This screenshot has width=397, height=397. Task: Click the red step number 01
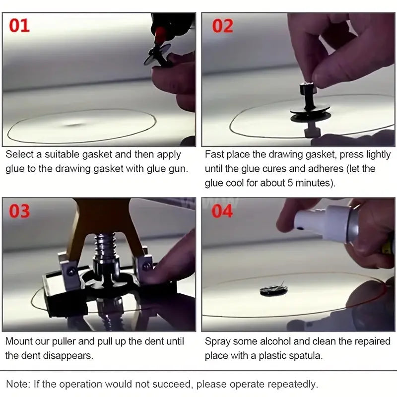[20, 25]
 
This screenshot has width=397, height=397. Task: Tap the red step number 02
[223, 25]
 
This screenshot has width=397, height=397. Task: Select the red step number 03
[20, 210]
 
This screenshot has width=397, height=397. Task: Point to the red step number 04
[223, 210]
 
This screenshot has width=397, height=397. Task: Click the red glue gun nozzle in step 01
[160, 36]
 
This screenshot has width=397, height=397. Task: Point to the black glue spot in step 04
[273, 291]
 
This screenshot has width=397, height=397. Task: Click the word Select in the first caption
[20, 155]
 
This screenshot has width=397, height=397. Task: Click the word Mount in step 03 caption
[19, 341]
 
